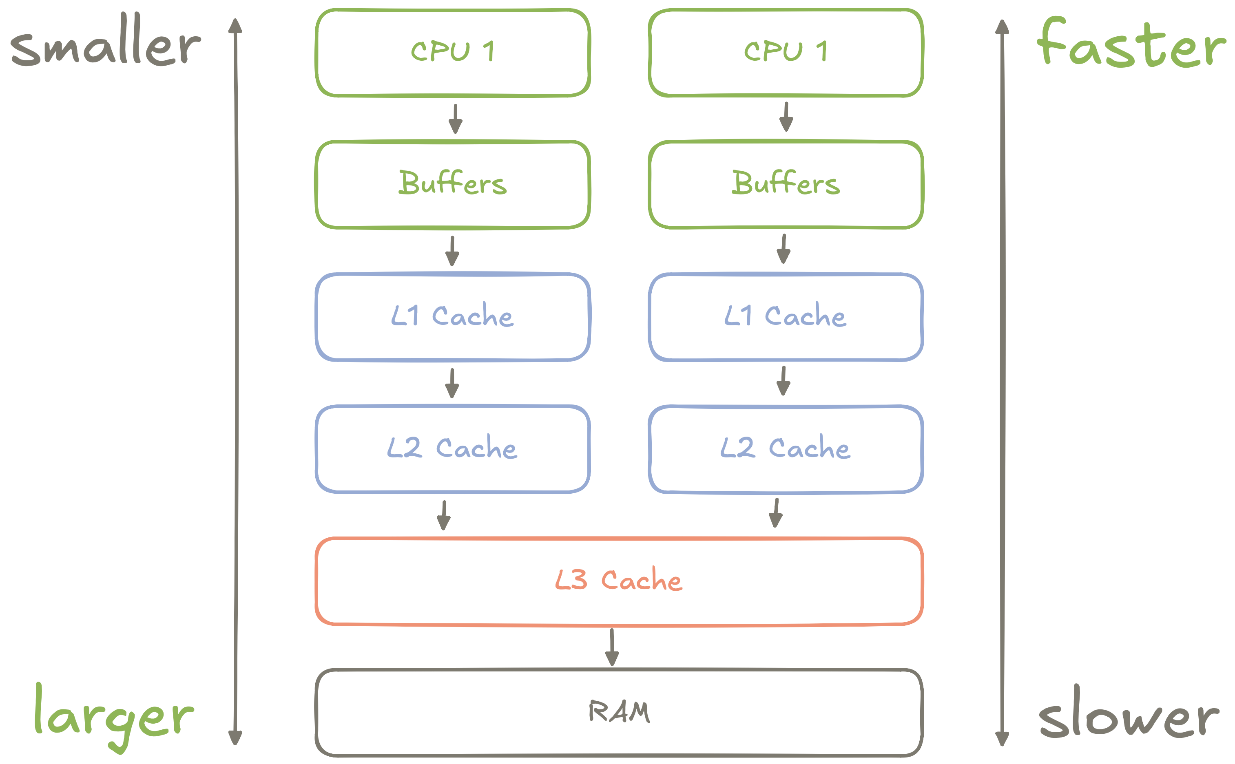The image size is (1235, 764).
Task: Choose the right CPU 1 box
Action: tap(786, 53)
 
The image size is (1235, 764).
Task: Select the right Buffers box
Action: tap(786, 184)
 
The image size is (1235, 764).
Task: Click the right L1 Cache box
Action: tap(786, 317)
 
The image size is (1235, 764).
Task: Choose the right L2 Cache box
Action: tap(786, 449)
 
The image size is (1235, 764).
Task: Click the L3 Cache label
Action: tap(619, 580)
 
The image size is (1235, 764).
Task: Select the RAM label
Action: tap(619, 711)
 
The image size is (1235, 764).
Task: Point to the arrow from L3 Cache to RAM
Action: tap(612, 647)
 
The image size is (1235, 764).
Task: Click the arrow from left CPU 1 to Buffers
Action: tap(456, 119)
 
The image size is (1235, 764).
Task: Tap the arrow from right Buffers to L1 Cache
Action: tap(783, 249)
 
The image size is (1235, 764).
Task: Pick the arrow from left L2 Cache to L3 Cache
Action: tap(444, 515)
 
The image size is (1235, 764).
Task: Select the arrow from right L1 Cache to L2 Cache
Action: tap(783, 381)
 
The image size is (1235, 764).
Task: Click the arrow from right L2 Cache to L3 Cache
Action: tap(776, 513)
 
